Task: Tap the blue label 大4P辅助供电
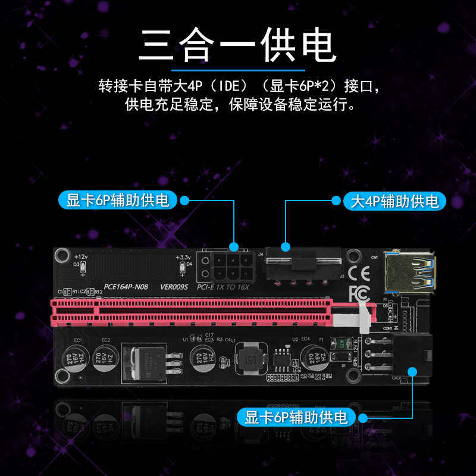pyautogui.click(x=395, y=201)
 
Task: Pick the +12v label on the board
pyautogui.click(x=81, y=256)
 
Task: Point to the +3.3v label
pyautogui.click(x=183, y=256)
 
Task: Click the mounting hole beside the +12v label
pyautogui.click(x=61, y=256)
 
